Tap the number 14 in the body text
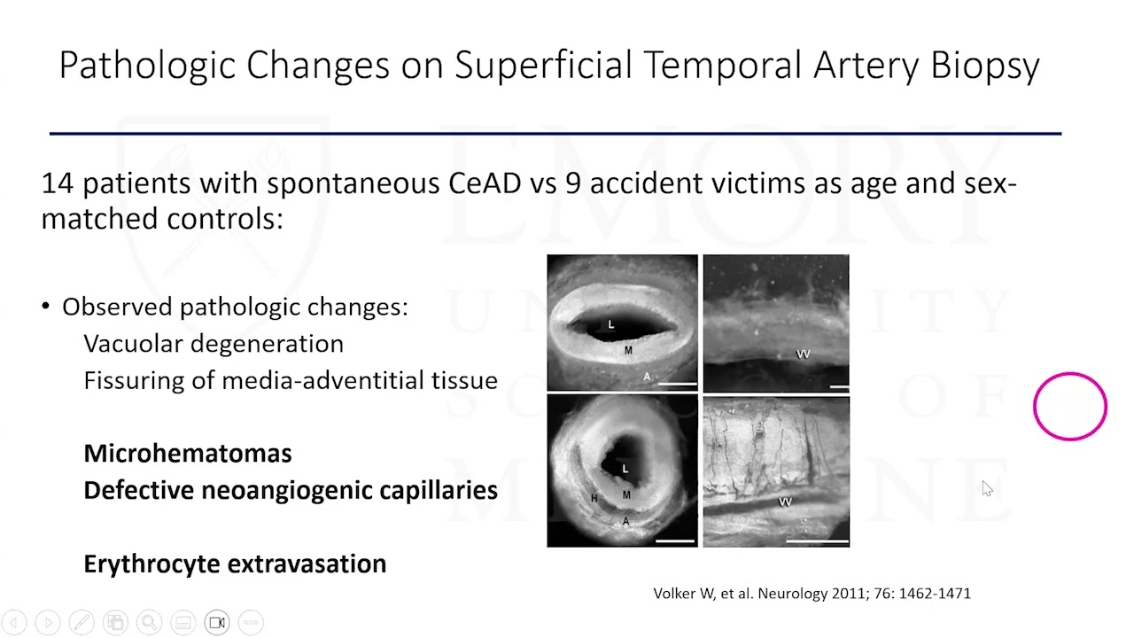tap(58, 183)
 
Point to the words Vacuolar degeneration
tap(213, 344)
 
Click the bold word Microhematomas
tap(187, 454)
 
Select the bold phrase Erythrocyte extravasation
tap(235, 564)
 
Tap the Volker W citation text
tap(812, 594)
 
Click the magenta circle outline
tap(1069, 406)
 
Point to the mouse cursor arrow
tap(987, 488)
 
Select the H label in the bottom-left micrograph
tap(594, 499)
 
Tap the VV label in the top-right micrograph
tap(803, 354)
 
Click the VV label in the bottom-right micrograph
tap(784, 502)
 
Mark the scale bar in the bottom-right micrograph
tap(817, 540)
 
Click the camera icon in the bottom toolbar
tap(217, 622)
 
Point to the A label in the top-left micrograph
tap(647, 377)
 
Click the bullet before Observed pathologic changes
tap(46, 307)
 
